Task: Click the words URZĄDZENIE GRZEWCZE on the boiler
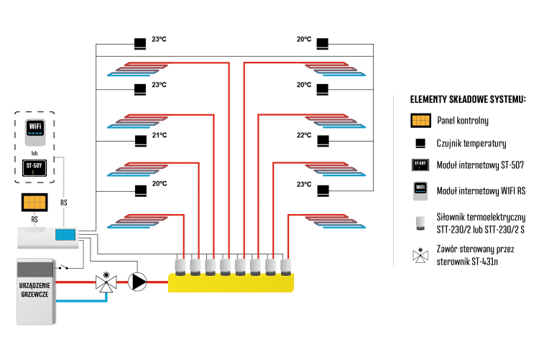(x=34, y=290)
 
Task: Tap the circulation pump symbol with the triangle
(x=137, y=282)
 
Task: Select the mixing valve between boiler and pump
(x=106, y=283)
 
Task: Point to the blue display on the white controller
(x=65, y=235)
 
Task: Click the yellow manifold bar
(x=231, y=283)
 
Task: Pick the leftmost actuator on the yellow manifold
(x=180, y=266)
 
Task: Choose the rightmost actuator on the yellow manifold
(x=286, y=266)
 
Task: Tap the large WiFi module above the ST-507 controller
(x=35, y=131)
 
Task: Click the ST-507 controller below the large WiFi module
(x=34, y=167)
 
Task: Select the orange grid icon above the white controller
(x=34, y=202)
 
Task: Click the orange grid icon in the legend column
(x=420, y=121)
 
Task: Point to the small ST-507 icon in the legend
(x=420, y=165)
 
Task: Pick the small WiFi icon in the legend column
(x=420, y=190)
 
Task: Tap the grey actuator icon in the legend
(x=420, y=223)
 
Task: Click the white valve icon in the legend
(x=420, y=256)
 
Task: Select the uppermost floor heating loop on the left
(x=138, y=69)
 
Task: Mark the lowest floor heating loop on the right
(x=335, y=221)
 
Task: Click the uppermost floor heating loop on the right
(x=335, y=69)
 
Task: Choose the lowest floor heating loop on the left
(x=138, y=221)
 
